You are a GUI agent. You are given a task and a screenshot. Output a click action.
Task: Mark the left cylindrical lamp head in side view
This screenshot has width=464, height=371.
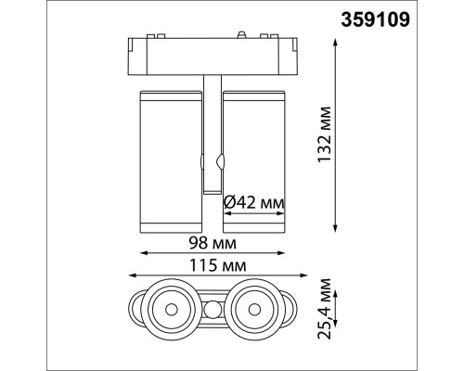[170, 159]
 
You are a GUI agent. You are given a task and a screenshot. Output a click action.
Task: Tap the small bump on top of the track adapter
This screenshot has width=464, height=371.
[242, 37]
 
